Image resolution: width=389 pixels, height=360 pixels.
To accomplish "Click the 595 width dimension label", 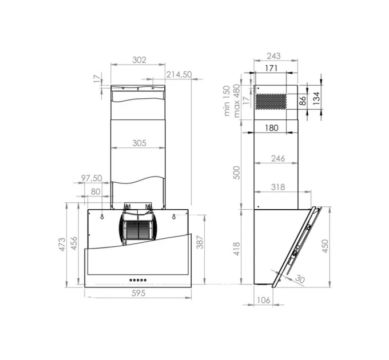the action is pyautogui.click(x=138, y=293).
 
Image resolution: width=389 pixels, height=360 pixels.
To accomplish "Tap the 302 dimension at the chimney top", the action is pyautogui.click(x=139, y=60).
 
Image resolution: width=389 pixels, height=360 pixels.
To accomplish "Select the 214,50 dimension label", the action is pyautogui.click(x=179, y=74).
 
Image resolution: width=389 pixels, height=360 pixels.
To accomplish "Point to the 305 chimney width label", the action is pyautogui.click(x=139, y=143).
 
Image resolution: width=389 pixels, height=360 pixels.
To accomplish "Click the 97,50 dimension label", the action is pyautogui.click(x=92, y=178).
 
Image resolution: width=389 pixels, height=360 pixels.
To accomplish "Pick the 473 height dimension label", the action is pyautogui.click(x=62, y=245).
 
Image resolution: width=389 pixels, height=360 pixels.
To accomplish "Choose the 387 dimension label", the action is pyautogui.click(x=200, y=242).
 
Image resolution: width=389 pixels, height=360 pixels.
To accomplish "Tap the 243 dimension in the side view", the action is pyautogui.click(x=273, y=56).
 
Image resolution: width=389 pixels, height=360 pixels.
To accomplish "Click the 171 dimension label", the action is pyautogui.click(x=271, y=68).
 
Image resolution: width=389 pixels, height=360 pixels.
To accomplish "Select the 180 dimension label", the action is pyautogui.click(x=272, y=128).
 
